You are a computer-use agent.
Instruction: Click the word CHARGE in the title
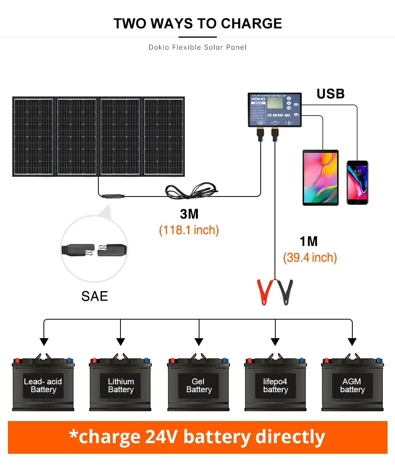(251, 24)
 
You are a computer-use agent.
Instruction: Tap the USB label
(331, 94)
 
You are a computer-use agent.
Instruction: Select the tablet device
(320, 178)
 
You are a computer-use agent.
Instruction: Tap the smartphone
(357, 182)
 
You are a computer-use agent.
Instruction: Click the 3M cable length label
(189, 214)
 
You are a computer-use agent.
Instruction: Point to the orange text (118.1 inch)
(189, 230)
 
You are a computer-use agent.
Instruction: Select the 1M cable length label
(308, 241)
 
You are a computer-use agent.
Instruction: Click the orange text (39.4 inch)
(310, 258)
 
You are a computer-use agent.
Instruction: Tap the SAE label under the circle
(94, 296)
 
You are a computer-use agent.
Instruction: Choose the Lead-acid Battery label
(43, 386)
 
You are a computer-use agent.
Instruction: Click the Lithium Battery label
(121, 386)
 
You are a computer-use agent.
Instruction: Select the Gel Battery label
(199, 386)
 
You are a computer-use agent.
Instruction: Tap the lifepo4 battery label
(275, 386)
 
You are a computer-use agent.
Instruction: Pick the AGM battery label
(352, 386)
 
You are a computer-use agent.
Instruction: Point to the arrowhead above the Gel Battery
(199, 342)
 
